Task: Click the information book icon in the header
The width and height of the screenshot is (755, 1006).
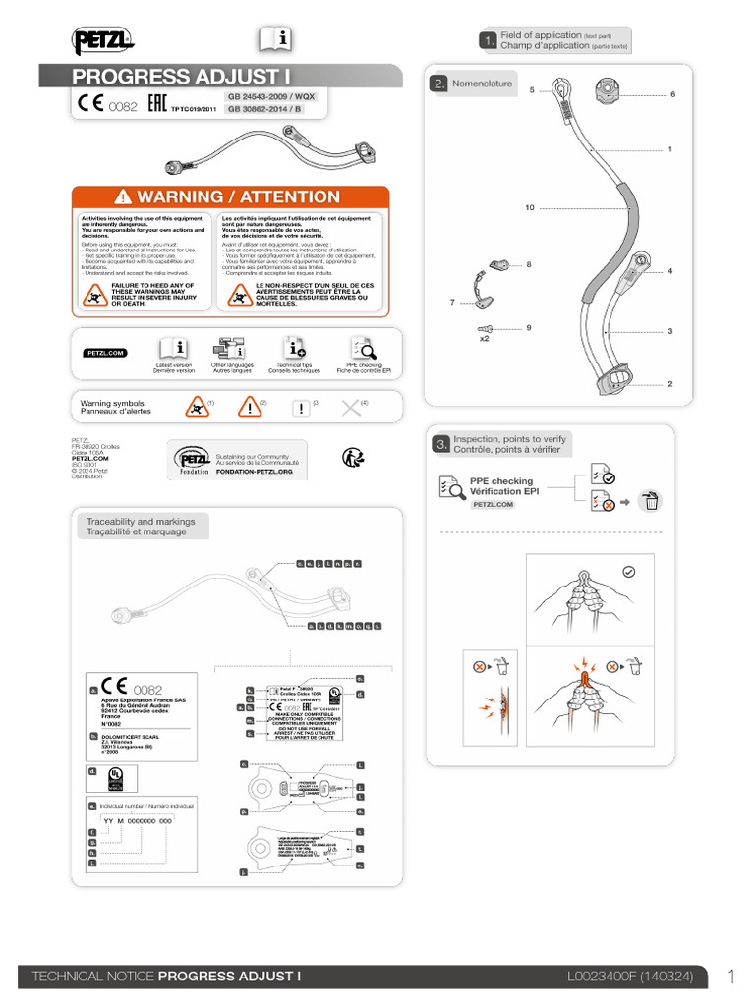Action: [x=276, y=39]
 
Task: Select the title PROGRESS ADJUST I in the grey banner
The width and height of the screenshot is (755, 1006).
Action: [x=182, y=77]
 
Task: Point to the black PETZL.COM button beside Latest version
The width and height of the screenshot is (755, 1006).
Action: [x=105, y=352]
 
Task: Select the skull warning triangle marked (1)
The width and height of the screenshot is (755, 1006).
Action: [x=197, y=407]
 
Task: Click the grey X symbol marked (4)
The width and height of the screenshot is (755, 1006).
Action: [x=350, y=408]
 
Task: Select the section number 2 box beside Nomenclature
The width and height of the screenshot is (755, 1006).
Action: [x=438, y=84]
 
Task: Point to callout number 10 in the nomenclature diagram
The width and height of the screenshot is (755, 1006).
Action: [x=529, y=207]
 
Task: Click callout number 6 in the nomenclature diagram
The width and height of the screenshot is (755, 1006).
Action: [x=672, y=94]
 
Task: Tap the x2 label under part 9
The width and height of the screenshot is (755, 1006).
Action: [x=484, y=338]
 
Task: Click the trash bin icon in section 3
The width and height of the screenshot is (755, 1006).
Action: [x=650, y=502]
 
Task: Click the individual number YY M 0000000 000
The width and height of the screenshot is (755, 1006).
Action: [x=138, y=819]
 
